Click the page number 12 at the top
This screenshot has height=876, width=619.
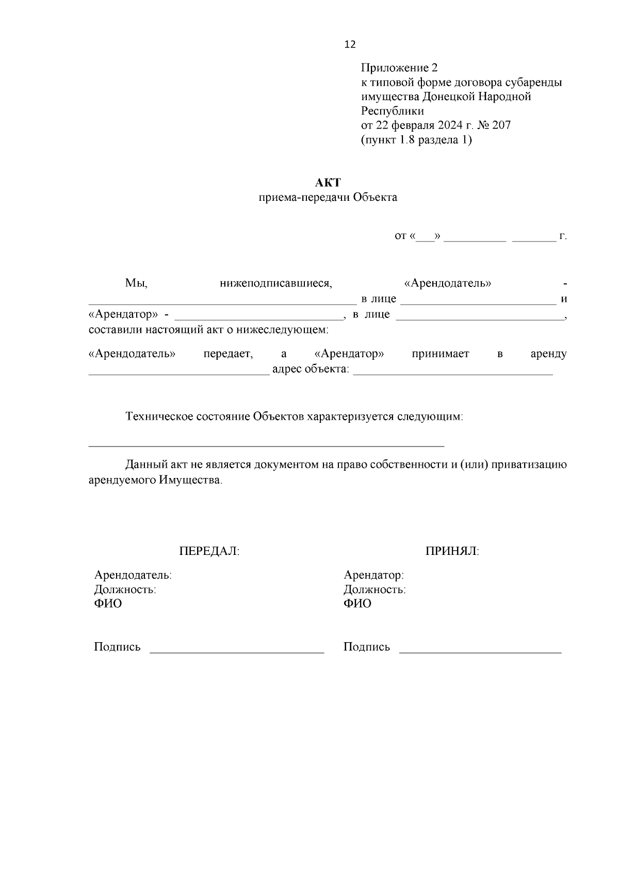click(x=350, y=45)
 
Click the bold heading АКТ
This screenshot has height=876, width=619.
click(x=328, y=183)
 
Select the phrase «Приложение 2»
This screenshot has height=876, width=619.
click(x=399, y=68)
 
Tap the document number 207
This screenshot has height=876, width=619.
click(x=501, y=125)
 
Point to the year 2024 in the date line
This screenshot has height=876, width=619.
click(x=452, y=125)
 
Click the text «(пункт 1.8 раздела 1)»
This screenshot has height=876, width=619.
click(x=416, y=140)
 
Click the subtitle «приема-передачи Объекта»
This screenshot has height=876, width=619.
click(x=328, y=198)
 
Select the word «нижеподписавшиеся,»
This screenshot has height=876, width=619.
click(x=276, y=283)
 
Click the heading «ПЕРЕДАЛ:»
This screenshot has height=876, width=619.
click(x=209, y=551)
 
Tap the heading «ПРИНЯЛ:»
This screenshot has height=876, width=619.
click(x=452, y=551)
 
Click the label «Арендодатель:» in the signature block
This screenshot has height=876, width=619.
click(x=133, y=575)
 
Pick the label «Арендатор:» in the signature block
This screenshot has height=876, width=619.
click(x=374, y=575)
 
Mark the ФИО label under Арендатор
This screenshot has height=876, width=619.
click(x=357, y=604)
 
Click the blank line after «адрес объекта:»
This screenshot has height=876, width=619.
click(x=452, y=373)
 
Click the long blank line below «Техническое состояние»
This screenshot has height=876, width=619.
click(x=266, y=444)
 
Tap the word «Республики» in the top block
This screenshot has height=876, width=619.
click(x=393, y=111)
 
